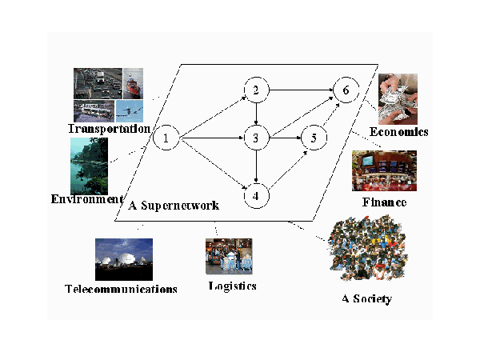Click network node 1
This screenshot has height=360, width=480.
(x=165, y=138)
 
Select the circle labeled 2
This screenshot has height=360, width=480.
(x=255, y=90)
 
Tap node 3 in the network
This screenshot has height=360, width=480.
(x=255, y=138)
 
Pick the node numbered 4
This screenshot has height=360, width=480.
(x=255, y=194)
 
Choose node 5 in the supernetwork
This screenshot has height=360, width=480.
(x=314, y=138)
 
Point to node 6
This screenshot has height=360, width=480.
(x=345, y=90)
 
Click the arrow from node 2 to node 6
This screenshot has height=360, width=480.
(x=300, y=90)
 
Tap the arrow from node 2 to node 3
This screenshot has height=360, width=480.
(x=255, y=114)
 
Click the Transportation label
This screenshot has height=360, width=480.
(x=109, y=129)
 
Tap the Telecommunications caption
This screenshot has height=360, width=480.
(x=120, y=289)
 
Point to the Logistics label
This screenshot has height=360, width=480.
(x=232, y=286)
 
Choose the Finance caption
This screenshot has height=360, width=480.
(x=385, y=203)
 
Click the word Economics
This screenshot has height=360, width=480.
(x=399, y=131)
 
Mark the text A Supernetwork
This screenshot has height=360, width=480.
(x=173, y=206)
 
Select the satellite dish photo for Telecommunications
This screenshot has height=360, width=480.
(x=123, y=258)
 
